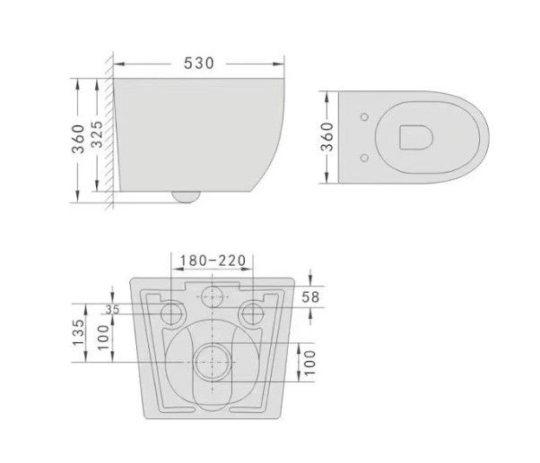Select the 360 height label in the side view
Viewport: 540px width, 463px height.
pyautogui.click(x=79, y=138)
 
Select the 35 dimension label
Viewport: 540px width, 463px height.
pyautogui.click(x=112, y=309)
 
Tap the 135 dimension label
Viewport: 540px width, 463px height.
pyautogui.click(x=79, y=334)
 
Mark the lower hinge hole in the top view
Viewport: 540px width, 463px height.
pyautogui.click(x=362, y=158)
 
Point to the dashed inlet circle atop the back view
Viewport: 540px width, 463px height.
pyautogui.click(x=212, y=297)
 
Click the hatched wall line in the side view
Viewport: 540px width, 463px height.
pyautogui.click(x=109, y=134)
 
